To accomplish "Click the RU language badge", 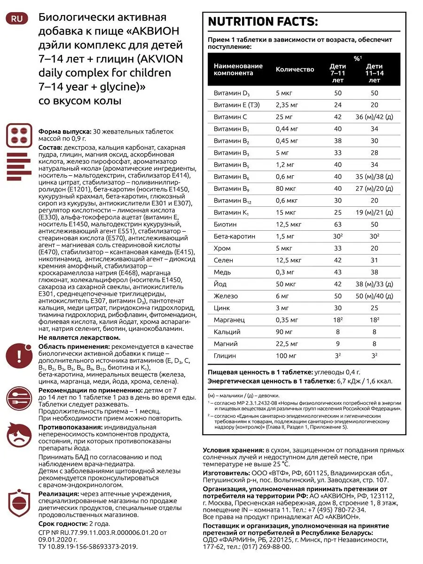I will tap(16, 19).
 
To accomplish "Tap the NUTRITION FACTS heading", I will tap(263, 22).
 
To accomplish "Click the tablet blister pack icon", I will tap(19, 136).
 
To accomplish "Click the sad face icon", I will tap(19, 435).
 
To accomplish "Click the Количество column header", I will tap(295, 70).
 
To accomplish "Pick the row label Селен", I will tap(223, 260).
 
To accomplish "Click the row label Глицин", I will tap(225, 356).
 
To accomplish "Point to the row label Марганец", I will tap(229, 320).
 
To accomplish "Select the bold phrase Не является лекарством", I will tap(79, 337).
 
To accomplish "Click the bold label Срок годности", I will tap(63, 524).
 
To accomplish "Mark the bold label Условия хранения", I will tap(233, 450).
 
